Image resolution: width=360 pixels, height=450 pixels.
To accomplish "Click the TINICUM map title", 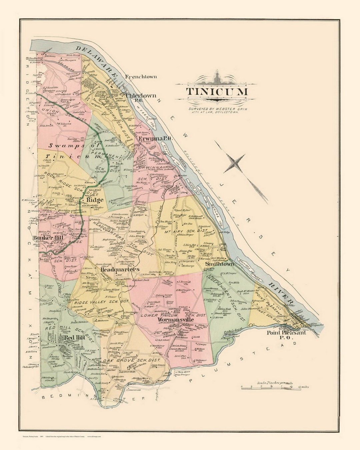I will click(x=217, y=92).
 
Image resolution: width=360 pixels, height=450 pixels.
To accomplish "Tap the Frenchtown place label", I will click(x=141, y=77).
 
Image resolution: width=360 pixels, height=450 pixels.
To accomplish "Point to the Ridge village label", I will click(x=95, y=200).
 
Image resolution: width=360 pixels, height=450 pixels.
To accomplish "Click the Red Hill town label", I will click(x=74, y=337).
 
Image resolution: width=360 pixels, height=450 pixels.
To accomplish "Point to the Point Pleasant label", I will click(x=286, y=333).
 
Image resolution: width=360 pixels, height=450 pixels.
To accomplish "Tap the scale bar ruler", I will click(x=275, y=387).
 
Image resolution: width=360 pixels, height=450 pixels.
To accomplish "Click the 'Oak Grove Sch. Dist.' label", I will click(x=132, y=360).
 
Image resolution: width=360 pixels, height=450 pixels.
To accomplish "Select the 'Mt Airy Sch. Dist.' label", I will click(x=188, y=230).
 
